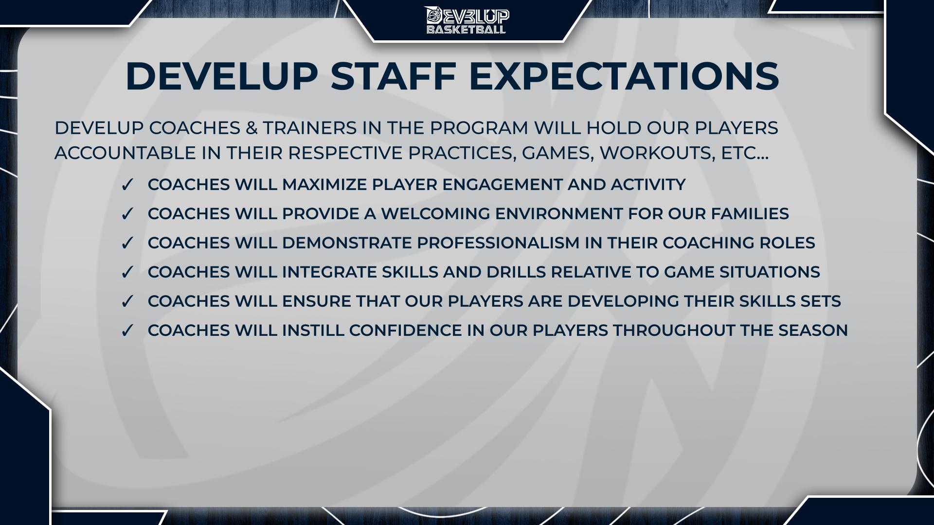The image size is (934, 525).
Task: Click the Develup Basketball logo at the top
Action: click(x=467, y=20)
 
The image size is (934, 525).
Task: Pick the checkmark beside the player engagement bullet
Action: click(x=127, y=185)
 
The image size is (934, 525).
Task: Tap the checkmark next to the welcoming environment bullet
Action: click(x=127, y=214)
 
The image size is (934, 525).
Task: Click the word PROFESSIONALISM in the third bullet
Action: click(x=431, y=243)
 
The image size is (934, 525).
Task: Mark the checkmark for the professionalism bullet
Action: click(x=127, y=244)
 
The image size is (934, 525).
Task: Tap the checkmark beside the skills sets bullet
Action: click(x=127, y=302)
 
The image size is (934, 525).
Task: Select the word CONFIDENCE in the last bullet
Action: click(x=406, y=331)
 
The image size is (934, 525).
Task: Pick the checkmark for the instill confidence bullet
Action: click(x=127, y=331)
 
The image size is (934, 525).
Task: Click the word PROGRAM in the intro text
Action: click(x=479, y=128)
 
